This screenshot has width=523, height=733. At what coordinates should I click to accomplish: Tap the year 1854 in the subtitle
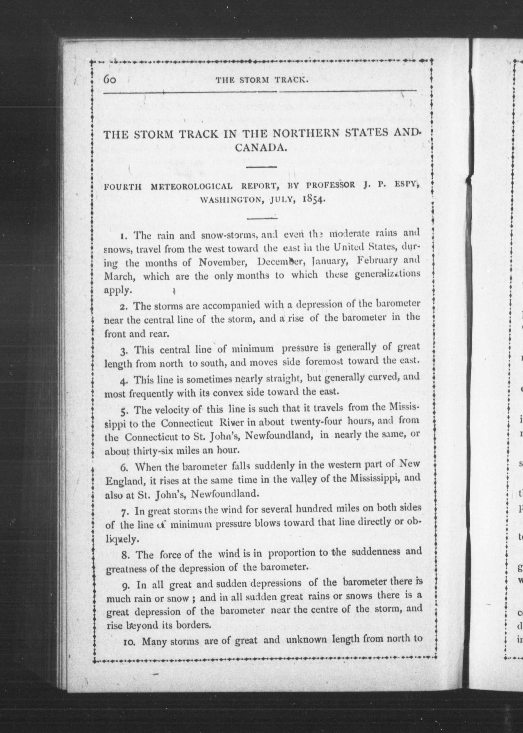click(x=312, y=199)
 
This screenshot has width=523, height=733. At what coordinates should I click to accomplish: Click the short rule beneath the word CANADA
click(x=261, y=167)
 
